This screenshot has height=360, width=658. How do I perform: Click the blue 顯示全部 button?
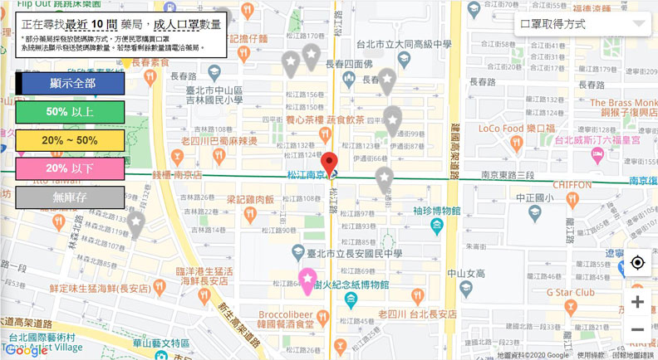pyautogui.click(x=70, y=84)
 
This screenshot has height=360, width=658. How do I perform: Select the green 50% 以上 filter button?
pyautogui.click(x=70, y=112)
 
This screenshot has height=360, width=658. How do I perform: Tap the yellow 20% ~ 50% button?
pyautogui.click(x=70, y=141)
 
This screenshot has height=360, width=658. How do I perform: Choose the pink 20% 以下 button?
pyautogui.click(x=70, y=169)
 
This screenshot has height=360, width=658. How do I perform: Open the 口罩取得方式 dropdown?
pyautogui.click(x=582, y=24)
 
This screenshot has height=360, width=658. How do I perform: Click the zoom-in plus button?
pyautogui.click(x=637, y=302)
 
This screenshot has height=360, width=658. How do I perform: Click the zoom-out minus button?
pyautogui.click(x=637, y=330)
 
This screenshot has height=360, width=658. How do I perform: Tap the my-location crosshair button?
pyautogui.click(x=637, y=263)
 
